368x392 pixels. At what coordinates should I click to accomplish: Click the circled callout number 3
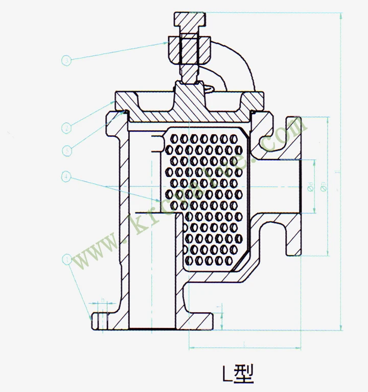click(x=67, y=61)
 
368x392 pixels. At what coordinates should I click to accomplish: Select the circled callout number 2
click(x=66, y=128)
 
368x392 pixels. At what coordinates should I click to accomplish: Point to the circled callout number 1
click(x=66, y=259)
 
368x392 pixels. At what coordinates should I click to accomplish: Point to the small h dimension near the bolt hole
click(x=103, y=300)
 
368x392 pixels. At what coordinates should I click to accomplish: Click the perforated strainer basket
click(x=204, y=200)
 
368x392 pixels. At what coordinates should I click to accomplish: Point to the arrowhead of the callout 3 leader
click(x=166, y=43)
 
